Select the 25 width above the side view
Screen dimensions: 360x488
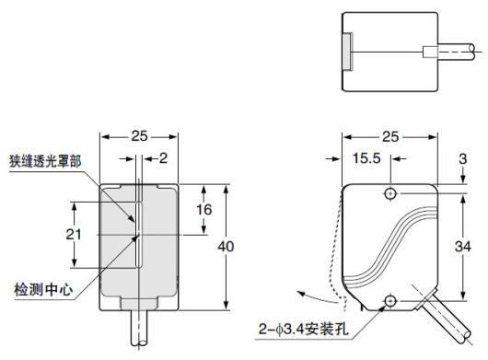(x=390, y=136)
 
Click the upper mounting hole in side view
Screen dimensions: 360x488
(x=391, y=194)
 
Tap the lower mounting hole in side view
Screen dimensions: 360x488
(x=391, y=301)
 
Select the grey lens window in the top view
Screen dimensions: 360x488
(x=345, y=47)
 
